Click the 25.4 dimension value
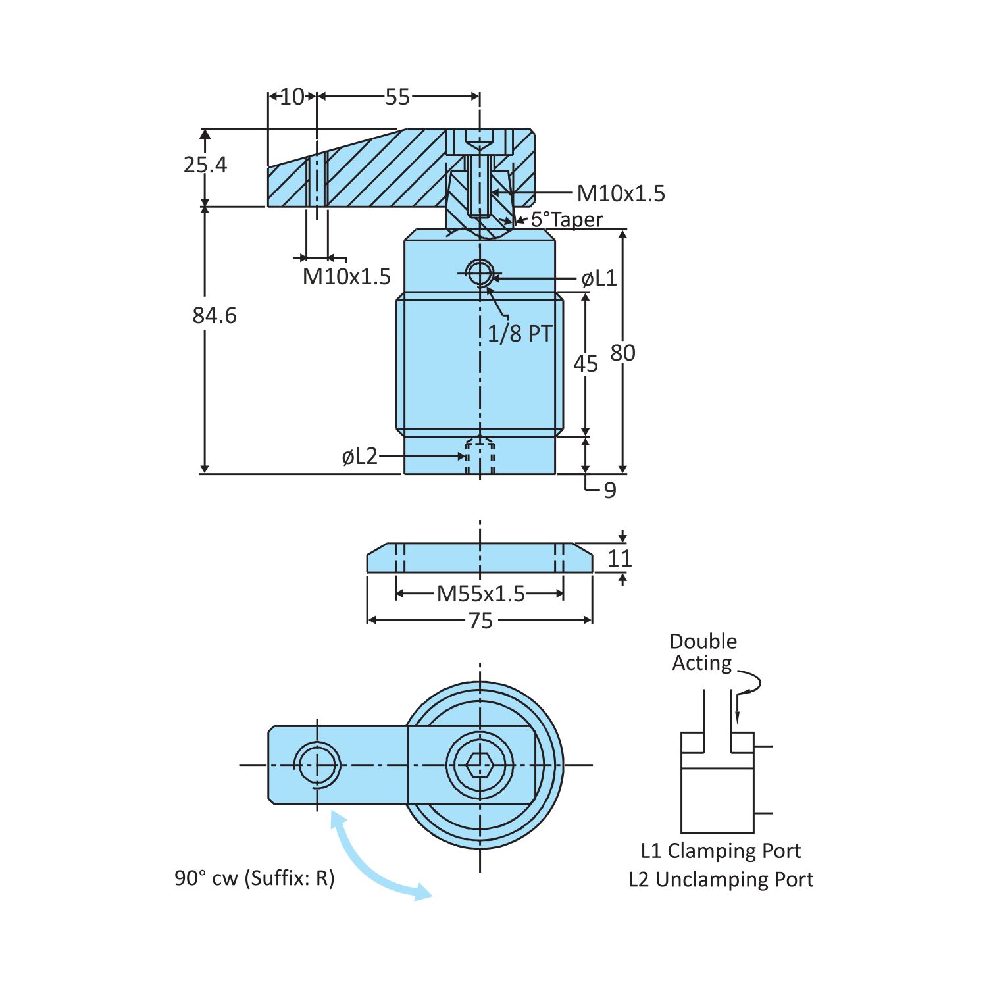[205, 165]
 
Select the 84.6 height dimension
[214, 316]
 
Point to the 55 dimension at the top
[397, 97]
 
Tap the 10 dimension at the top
[292, 97]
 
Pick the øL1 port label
[599, 278]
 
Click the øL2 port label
[360, 456]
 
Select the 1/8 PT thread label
[519, 334]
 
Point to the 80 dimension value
[622, 353]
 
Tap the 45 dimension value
[585, 364]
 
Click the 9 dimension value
[610, 490]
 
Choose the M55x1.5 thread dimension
[481, 594]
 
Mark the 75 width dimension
[480, 621]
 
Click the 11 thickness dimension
[619, 559]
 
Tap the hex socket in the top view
[480, 765]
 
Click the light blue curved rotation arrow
[368, 862]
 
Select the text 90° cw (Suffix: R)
[255, 878]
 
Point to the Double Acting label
[703, 652]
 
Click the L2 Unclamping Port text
[721, 880]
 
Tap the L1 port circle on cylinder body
[480, 272]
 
